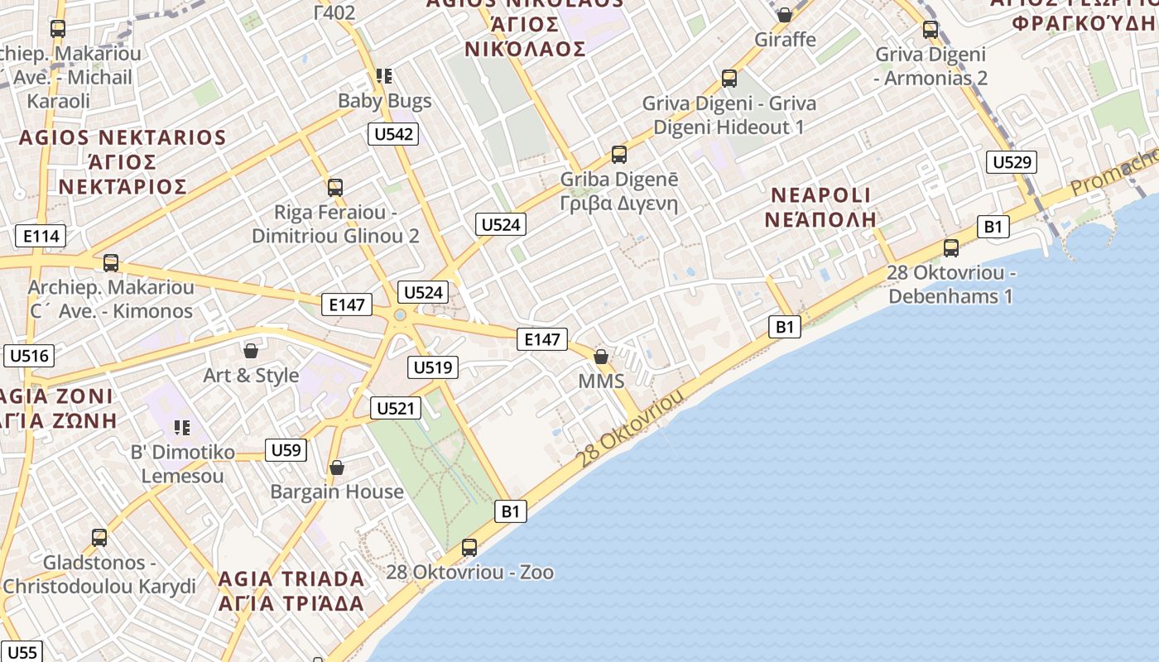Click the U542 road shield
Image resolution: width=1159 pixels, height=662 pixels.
coord(393,134)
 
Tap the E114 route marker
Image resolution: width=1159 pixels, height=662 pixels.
coord(41,237)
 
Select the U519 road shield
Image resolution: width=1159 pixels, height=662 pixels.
coord(433,367)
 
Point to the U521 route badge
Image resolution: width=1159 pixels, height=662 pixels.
coord(397,407)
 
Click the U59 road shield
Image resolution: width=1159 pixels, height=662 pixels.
coord(286,450)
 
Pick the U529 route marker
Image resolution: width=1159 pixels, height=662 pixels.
coord(1011,162)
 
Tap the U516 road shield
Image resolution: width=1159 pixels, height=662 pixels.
coord(30,356)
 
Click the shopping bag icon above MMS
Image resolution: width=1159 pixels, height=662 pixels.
coord(601,357)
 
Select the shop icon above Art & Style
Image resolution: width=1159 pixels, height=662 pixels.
coord(251,351)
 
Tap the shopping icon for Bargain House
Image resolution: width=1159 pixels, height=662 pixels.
coord(337,468)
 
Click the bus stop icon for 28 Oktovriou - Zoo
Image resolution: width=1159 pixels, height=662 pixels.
coord(469,547)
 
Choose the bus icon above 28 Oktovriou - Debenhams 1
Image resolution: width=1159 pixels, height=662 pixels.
coord(950,247)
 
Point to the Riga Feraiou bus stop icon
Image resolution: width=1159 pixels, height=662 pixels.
coord(335,187)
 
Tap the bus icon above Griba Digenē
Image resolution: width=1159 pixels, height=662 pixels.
coord(619,154)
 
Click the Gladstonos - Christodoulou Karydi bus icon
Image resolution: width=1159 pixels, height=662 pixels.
coord(99,538)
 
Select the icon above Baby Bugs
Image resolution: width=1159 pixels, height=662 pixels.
coord(383,76)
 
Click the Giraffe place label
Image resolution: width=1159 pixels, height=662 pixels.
coord(785,39)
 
